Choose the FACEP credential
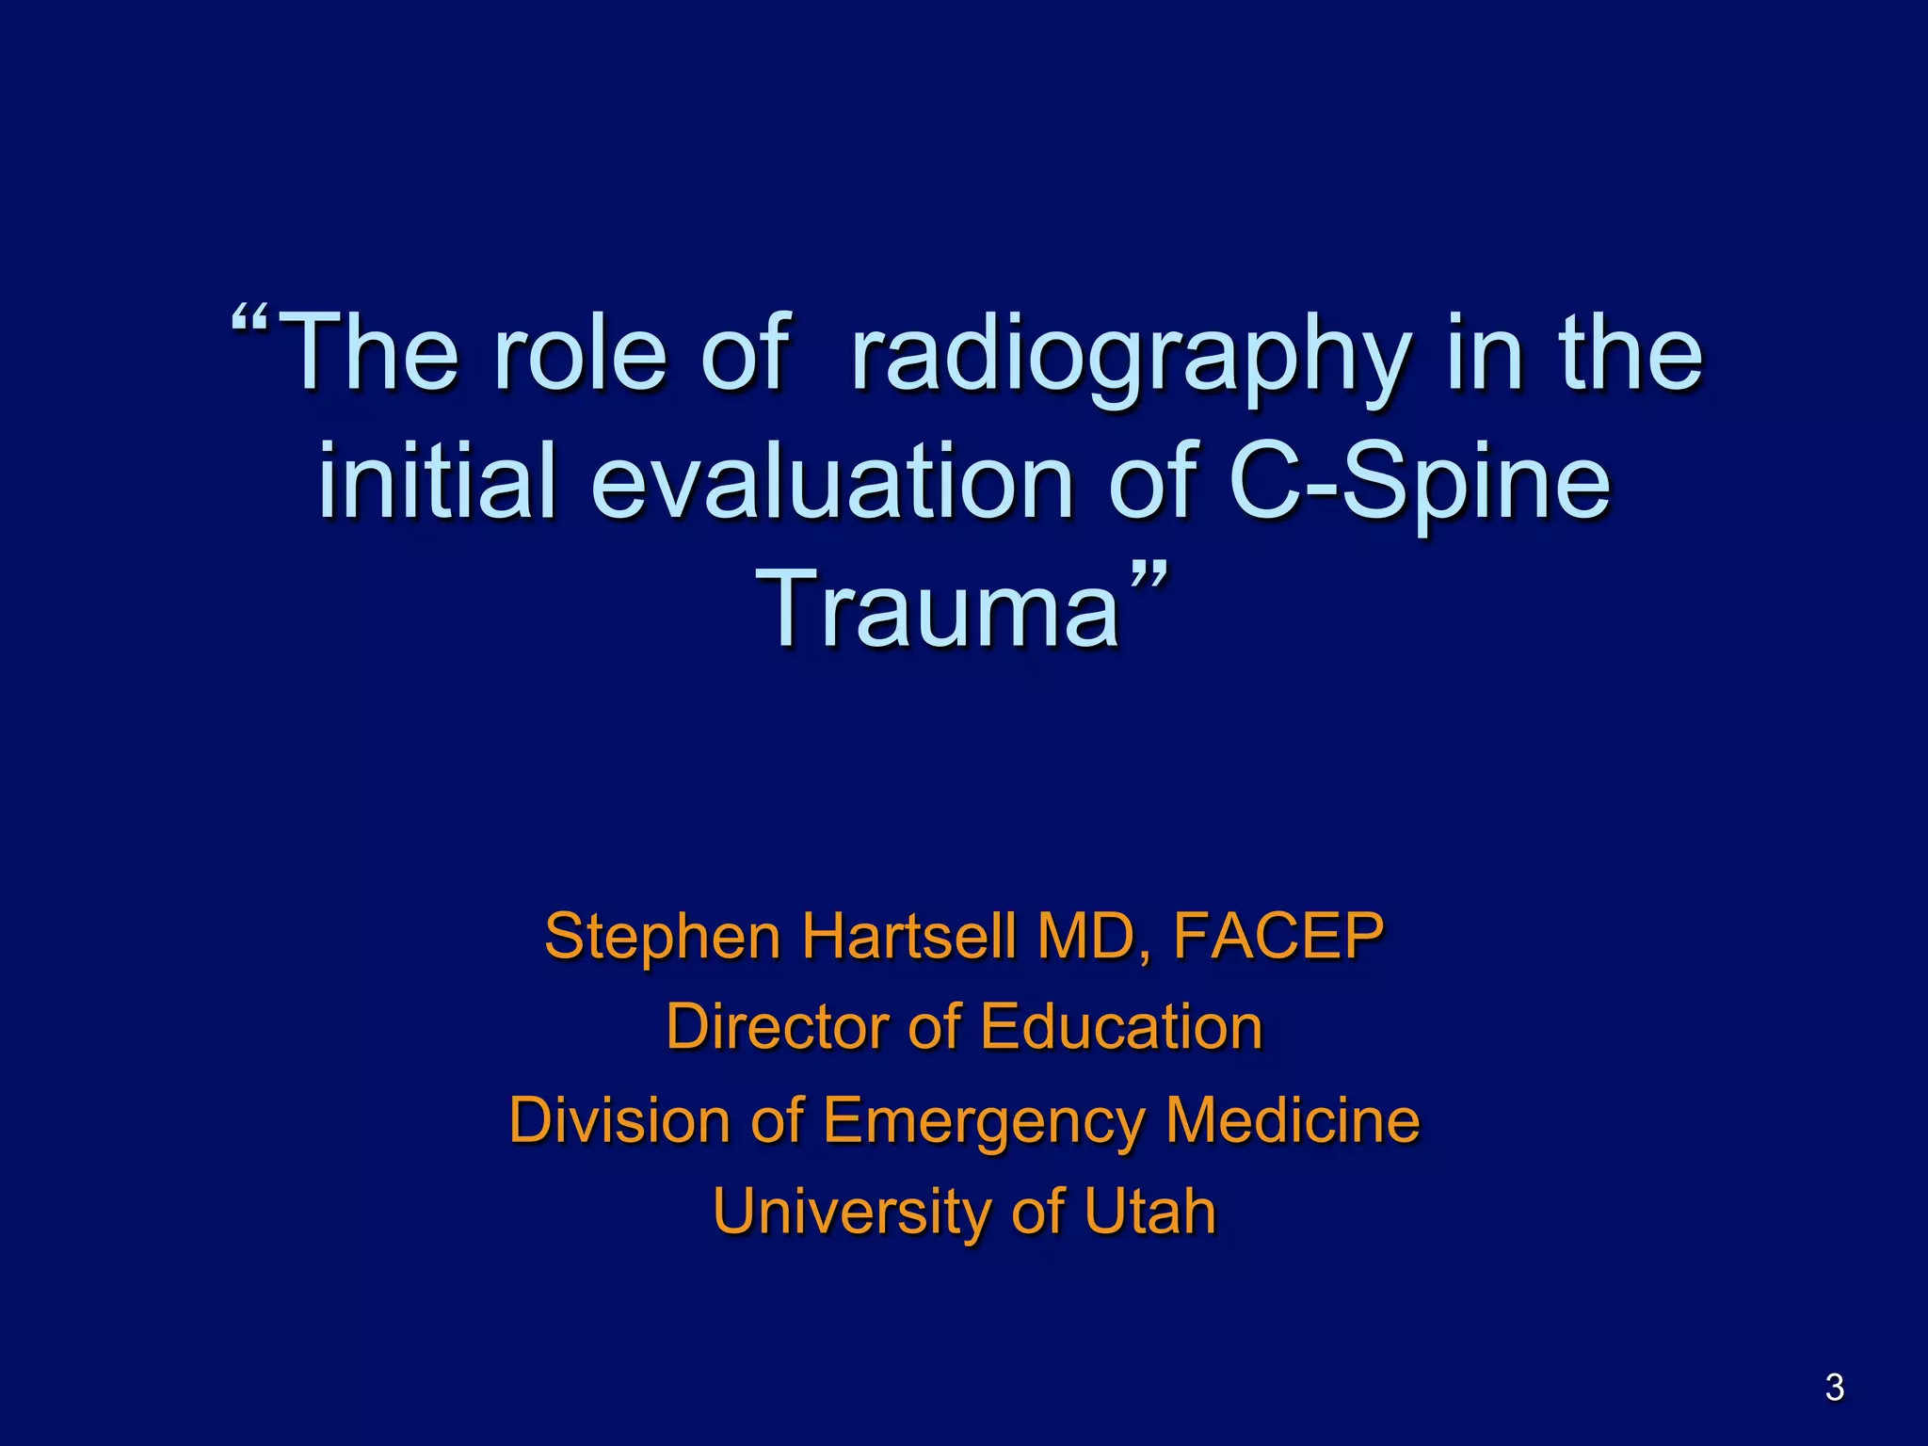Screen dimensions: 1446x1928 1278,936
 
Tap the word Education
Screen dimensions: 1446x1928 1121,1026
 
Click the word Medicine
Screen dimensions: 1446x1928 1293,1119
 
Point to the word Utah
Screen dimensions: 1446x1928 1149,1211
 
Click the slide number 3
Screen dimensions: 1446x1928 1834,1388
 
